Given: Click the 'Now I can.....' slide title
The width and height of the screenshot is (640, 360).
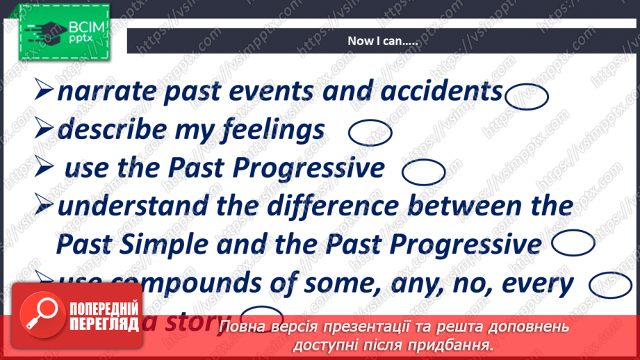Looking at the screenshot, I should [382, 41].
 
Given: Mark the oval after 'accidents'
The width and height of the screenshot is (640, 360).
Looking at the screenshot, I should [527, 96].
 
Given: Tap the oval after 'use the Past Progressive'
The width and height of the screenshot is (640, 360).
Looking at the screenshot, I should [423, 172].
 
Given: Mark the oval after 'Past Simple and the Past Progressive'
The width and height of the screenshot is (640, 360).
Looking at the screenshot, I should [574, 243].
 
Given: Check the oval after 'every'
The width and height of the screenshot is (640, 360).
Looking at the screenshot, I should [609, 285].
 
